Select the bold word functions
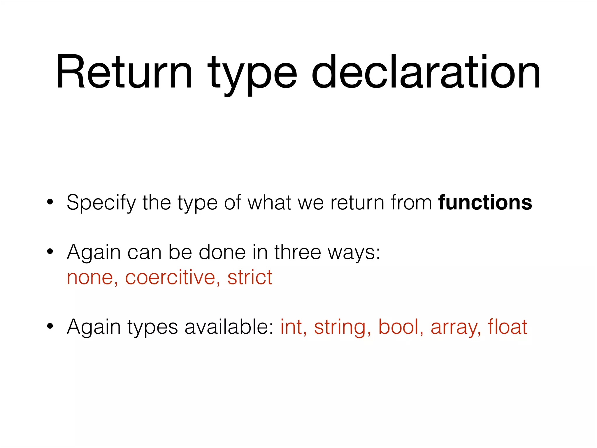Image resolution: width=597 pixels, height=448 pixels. click(485, 202)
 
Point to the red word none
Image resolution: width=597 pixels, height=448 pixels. click(90, 277)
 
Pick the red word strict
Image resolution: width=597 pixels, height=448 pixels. click(250, 277)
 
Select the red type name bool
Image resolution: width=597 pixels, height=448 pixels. click(398, 327)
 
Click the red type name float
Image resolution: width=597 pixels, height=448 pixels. click(508, 327)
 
